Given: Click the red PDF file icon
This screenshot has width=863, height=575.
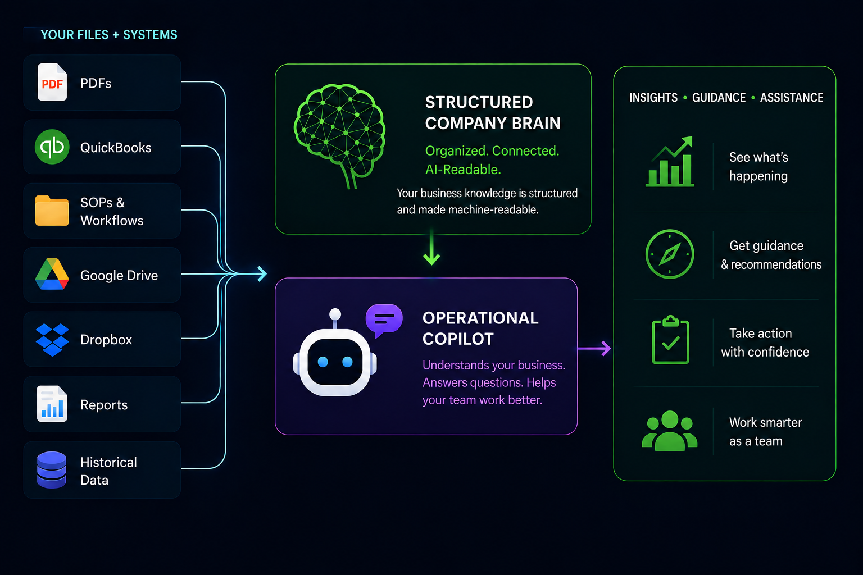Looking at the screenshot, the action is point(52,82).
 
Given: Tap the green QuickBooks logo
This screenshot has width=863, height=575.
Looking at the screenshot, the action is point(52,147).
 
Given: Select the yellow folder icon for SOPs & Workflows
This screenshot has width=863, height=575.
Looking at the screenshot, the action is point(52,211).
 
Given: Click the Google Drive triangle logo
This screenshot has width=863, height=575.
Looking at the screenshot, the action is point(52,274).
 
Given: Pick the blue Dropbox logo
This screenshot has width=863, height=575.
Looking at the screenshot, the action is point(52,340).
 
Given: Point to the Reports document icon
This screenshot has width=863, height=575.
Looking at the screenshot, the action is point(52,404).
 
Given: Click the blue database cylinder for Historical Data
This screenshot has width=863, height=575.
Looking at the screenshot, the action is point(52,470).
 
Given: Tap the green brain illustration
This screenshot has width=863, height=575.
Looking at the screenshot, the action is point(339,135).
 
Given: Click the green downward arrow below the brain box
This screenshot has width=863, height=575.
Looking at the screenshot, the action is point(431,247).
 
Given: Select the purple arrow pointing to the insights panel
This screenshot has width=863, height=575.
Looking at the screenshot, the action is point(594,349).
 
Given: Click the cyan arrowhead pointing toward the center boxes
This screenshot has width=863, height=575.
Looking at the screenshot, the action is point(262,274).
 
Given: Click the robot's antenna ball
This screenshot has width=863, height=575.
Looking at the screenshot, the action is point(335,314).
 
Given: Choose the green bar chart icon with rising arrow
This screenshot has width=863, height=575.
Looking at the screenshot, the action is point(670,162).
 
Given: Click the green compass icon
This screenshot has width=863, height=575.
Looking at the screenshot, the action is point(670,254).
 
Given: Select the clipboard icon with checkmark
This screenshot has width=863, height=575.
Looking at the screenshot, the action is point(670,340).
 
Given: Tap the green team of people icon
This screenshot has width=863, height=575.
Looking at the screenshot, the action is point(670,431).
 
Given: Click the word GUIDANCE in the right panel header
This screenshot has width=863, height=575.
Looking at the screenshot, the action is point(719,98).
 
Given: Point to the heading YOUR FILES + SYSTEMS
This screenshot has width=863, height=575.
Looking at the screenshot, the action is point(109,35).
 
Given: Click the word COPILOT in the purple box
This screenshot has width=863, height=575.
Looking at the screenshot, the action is point(458,339).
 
